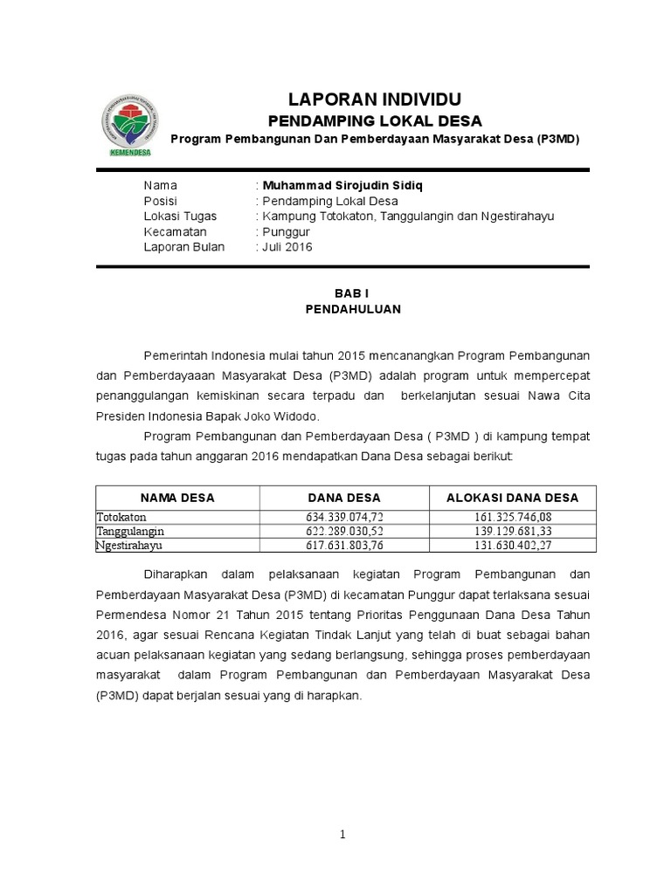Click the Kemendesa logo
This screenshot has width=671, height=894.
tap(129, 127)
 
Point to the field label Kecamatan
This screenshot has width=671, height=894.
tap(175, 231)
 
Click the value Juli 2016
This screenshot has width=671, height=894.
tap(286, 247)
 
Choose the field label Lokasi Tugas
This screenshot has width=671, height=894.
tap(180, 216)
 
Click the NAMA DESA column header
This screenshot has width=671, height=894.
tap(177, 498)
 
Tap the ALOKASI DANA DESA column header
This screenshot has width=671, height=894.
tap(513, 498)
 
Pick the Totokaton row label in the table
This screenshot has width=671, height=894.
tap(121, 517)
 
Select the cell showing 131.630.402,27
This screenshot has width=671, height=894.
tap(513, 545)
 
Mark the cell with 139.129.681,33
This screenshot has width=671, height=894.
tap(513, 531)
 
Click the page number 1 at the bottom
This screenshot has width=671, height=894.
tap(343, 835)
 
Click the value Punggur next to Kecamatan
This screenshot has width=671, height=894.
tap(283, 231)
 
